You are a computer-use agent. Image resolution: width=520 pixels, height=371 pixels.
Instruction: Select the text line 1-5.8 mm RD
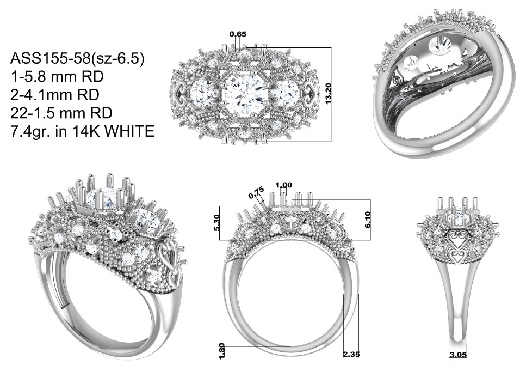57,77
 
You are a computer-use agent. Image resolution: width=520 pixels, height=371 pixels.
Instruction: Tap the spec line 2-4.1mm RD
55,95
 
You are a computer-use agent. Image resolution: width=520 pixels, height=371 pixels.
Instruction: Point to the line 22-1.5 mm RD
61,113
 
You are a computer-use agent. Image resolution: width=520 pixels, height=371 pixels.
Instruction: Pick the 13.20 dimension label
329,94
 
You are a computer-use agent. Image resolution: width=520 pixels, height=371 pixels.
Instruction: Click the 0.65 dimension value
238,34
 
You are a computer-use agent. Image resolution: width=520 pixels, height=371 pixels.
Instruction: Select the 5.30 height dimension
216,223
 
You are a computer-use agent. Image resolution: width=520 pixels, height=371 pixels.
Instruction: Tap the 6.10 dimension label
368,220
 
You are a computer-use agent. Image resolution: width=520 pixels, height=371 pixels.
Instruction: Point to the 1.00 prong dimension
284,185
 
